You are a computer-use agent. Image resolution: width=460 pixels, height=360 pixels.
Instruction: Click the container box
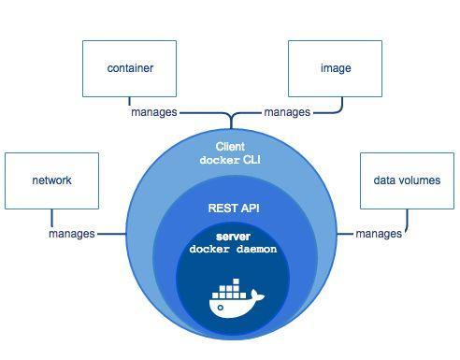point(129,68)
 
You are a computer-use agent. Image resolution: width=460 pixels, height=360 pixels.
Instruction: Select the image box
point(335,68)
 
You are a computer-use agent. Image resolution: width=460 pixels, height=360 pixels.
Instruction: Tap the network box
point(51,180)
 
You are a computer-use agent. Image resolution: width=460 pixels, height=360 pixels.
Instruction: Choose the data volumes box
point(407,180)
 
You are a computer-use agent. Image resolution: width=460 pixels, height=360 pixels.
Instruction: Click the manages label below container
point(153,112)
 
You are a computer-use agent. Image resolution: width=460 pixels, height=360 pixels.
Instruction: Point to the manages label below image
point(287,112)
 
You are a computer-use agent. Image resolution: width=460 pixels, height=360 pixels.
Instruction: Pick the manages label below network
point(71,233)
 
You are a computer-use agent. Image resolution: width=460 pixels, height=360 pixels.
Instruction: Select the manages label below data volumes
point(379,233)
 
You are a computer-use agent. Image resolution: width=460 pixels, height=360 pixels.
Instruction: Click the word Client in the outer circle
point(230,147)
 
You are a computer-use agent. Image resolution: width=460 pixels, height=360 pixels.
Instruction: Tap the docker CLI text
point(230,160)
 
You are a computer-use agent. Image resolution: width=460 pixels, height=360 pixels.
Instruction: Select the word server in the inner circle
point(233,237)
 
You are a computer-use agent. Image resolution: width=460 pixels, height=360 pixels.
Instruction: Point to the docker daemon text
point(233,250)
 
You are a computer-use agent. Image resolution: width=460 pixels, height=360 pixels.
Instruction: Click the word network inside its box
point(51,180)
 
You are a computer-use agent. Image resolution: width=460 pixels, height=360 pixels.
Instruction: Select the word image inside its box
point(335,68)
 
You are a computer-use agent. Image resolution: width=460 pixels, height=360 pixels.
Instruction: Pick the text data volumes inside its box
point(407,180)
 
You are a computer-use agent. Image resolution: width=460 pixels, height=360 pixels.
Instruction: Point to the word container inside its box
point(130,68)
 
